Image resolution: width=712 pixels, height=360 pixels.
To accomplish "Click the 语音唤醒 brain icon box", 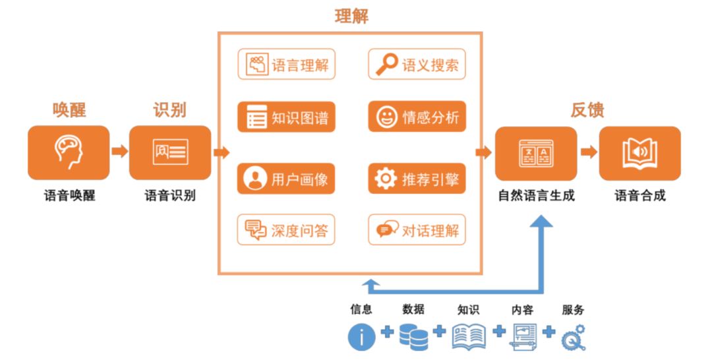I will (x=69, y=152).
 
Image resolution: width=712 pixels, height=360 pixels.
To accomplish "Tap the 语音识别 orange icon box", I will (x=170, y=152).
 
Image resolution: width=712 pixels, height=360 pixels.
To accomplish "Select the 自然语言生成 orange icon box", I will (x=536, y=152).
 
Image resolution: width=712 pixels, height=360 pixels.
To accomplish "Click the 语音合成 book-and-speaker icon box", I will (x=639, y=152).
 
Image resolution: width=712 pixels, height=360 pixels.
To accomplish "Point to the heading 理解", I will (x=351, y=16).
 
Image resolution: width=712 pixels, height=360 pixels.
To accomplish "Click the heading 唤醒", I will (x=69, y=109).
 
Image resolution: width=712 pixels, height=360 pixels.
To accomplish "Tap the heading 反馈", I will (x=587, y=109).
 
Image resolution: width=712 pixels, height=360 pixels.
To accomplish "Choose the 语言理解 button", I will (x=286, y=65).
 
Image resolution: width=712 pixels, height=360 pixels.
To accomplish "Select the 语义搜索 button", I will (x=417, y=65).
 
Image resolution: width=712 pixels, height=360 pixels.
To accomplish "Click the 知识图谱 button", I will (x=286, y=117).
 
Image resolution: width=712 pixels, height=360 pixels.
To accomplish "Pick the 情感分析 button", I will (x=417, y=117).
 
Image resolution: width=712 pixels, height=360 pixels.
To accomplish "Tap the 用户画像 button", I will (x=286, y=179).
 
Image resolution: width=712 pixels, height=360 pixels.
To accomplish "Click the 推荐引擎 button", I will (x=417, y=179).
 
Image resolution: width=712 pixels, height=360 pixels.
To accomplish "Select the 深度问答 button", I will (x=286, y=230).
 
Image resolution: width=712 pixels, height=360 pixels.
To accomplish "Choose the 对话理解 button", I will (x=417, y=230).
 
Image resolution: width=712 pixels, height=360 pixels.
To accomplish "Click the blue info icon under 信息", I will (x=361, y=337).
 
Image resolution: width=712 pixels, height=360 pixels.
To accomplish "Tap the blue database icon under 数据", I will (x=413, y=336).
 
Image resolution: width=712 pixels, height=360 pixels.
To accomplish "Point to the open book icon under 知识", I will (x=469, y=336).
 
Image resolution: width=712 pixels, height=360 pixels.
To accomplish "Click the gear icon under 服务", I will (x=573, y=337).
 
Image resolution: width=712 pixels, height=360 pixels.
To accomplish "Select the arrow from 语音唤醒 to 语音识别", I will (x=119, y=152).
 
